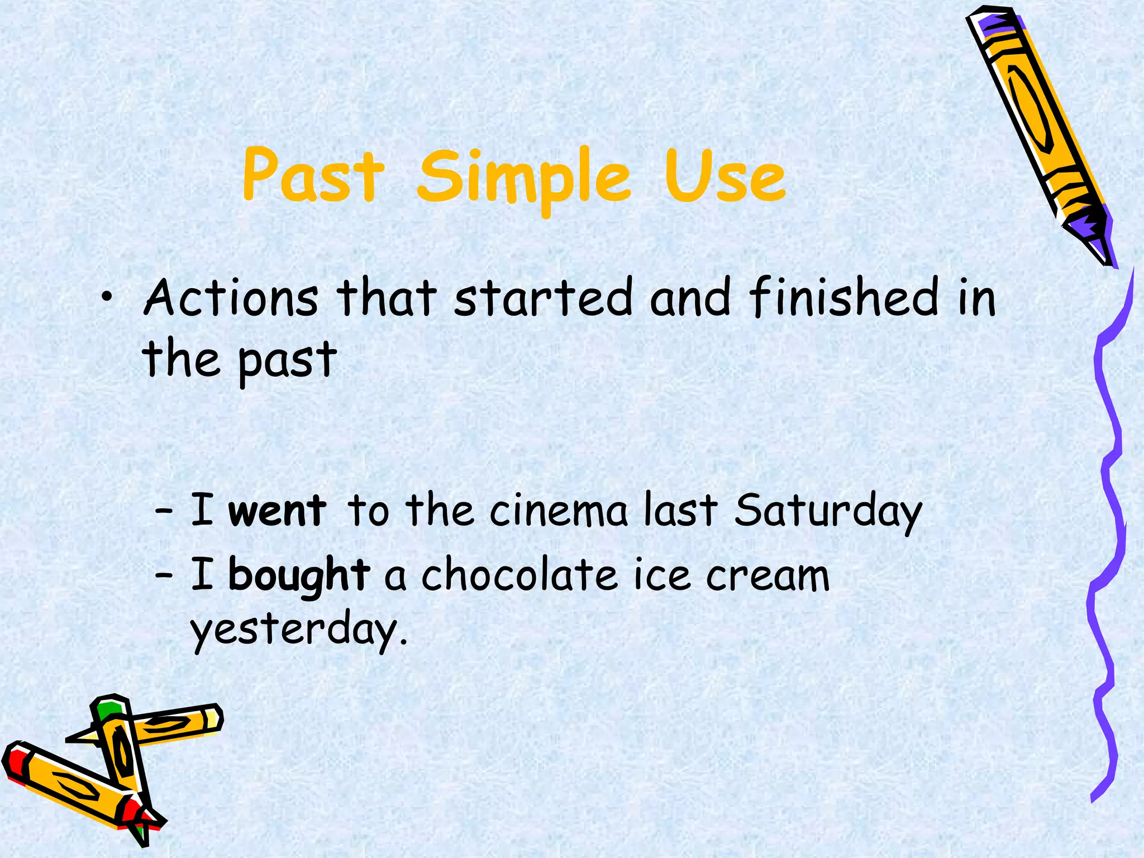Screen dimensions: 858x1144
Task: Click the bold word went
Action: point(278,511)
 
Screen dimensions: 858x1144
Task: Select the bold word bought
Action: point(299,575)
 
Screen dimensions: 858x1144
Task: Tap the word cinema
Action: point(558,511)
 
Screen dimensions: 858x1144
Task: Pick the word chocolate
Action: point(519,575)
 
